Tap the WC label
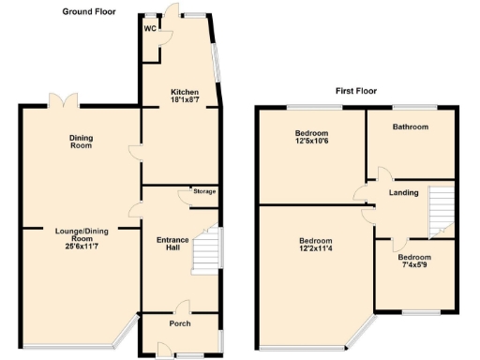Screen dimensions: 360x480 pyautogui.click(x=149, y=28)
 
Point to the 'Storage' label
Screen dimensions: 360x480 pyautogui.click(x=204, y=192)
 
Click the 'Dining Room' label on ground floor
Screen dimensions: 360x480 pyautogui.click(x=82, y=142)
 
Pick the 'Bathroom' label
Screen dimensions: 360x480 pyautogui.click(x=410, y=127)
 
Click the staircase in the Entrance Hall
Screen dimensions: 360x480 pyautogui.click(x=207, y=248)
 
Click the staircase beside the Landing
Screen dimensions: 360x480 pyautogui.click(x=438, y=210)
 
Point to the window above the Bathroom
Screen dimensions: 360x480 pyautogui.click(x=410, y=106)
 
